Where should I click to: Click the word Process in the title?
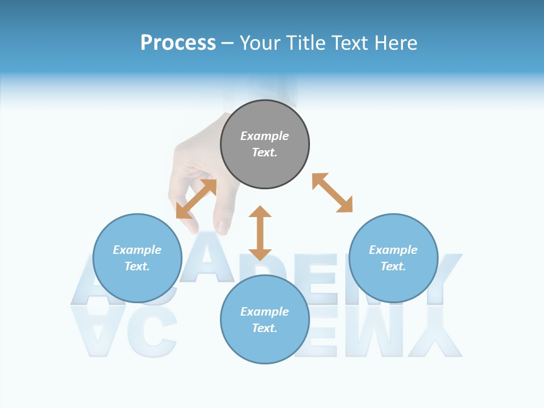point(178,43)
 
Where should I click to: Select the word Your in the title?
point(262,43)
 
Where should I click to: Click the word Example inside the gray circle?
point(265,136)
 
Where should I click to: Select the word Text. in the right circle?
point(393,266)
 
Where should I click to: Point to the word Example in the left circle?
point(137,250)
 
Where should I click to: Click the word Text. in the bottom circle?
point(265,328)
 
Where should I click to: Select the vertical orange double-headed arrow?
point(260,233)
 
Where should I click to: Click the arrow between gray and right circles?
point(332,193)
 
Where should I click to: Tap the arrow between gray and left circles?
point(196,199)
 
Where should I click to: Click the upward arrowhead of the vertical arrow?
point(260,212)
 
